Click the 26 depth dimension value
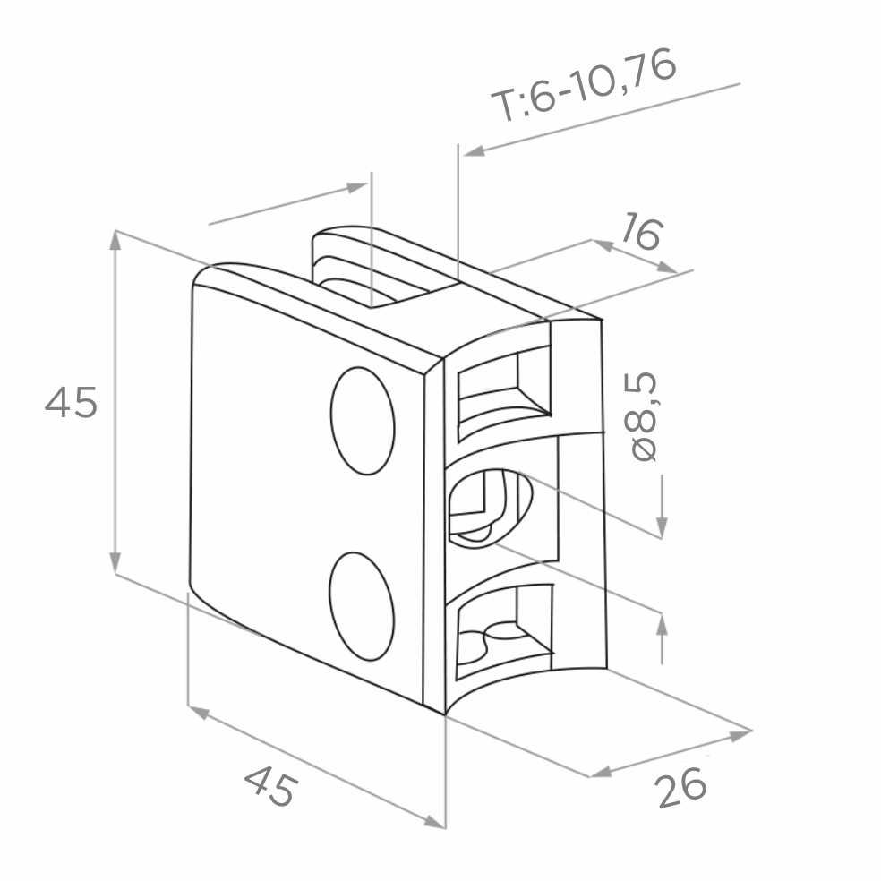click(x=681, y=788)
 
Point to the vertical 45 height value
click(x=71, y=402)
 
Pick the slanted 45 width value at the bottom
click(x=269, y=787)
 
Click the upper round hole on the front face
click(x=363, y=421)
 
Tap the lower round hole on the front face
click(x=362, y=605)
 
